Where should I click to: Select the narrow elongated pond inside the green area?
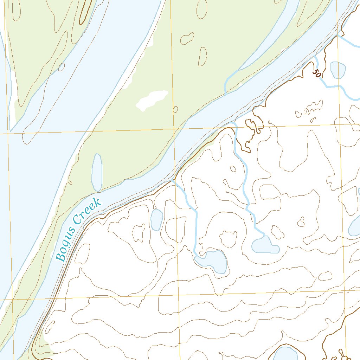(97, 172)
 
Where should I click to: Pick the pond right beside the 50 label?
(338, 70)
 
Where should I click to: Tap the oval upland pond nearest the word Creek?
(156, 219)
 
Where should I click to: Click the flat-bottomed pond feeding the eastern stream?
(266, 245)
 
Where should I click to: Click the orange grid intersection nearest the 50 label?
(341, 124)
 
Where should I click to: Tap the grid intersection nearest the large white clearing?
(174, 129)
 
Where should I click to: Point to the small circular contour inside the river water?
(62, 67)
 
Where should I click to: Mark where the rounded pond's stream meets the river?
(172, 180)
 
